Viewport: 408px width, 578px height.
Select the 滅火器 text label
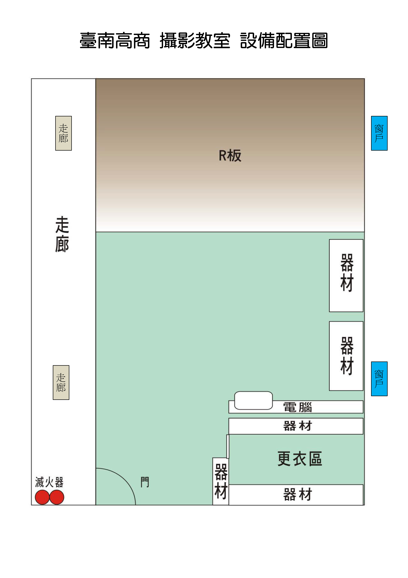pyautogui.click(x=49, y=482)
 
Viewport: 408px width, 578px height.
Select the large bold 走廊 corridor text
pyautogui.click(x=62, y=234)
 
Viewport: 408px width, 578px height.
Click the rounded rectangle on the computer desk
pyautogui.click(x=253, y=400)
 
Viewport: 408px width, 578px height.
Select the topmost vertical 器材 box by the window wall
pyautogui.click(x=346, y=275)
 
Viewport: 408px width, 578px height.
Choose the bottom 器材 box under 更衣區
pyautogui.click(x=296, y=494)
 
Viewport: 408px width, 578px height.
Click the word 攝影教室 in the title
pyautogui.click(x=195, y=40)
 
